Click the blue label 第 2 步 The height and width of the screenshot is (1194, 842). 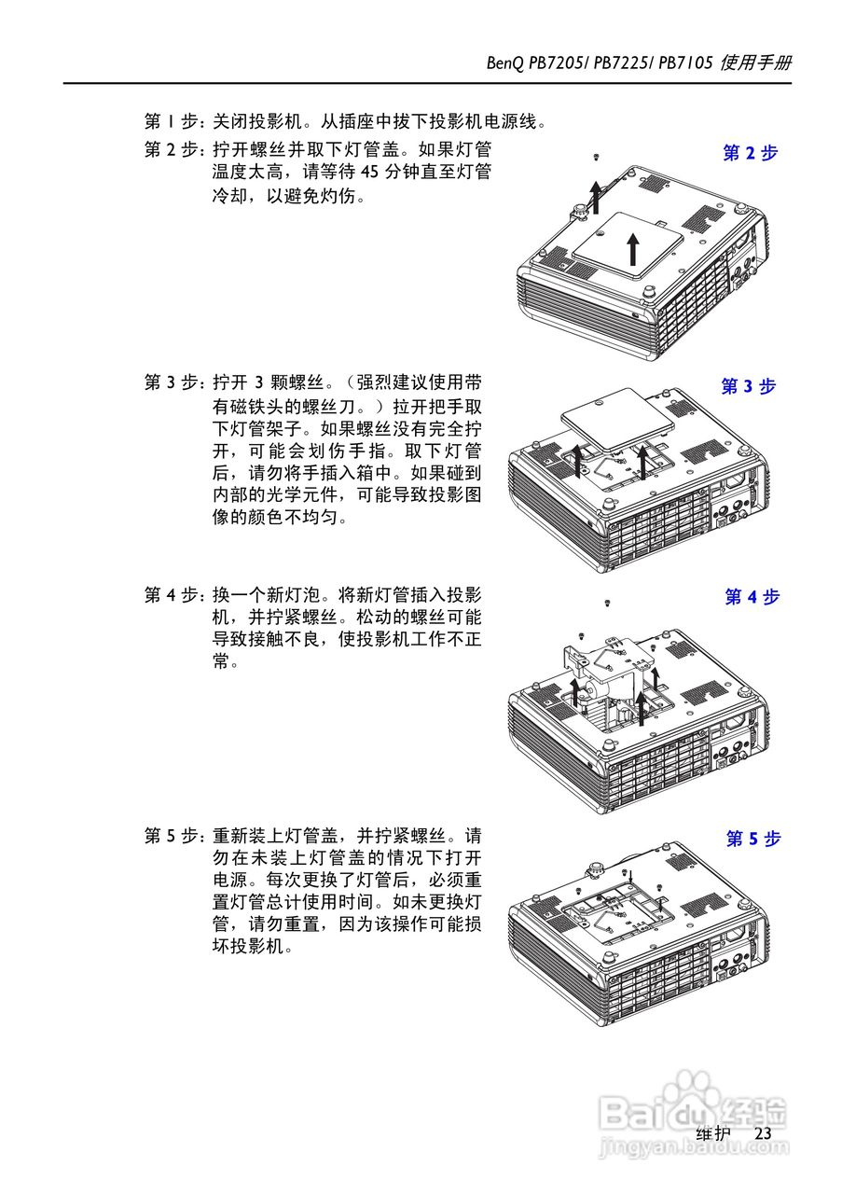(x=750, y=154)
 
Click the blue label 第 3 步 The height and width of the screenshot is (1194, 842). (x=748, y=386)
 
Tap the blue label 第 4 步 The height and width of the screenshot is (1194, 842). (x=752, y=597)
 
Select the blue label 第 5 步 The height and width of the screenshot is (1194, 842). (x=752, y=839)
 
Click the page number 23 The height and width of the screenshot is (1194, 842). (x=764, y=1133)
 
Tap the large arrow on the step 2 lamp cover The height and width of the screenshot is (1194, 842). (x=633, y=248)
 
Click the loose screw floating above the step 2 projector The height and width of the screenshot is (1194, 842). (x=595, y=159)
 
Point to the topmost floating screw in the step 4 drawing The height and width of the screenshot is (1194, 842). (x=607, y=604)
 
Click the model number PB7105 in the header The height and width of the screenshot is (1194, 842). (x=685, y=63)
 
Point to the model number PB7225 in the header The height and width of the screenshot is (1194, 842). (x=620, y=63)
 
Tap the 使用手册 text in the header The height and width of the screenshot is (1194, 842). (x=756, y=63)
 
